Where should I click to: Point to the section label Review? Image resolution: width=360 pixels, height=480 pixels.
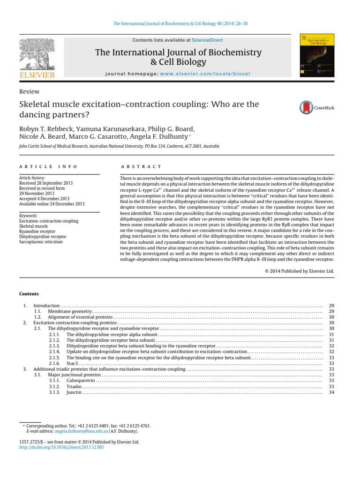[x=29, y=92]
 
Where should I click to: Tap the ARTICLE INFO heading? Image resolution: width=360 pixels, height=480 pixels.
[x=48, y=166]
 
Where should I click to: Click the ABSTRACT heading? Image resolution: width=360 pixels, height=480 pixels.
[x=141, y=166]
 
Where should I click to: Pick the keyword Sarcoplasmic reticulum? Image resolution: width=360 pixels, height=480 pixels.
[x=41, y=242]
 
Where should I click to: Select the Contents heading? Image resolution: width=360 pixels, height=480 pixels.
[x=29, y=294]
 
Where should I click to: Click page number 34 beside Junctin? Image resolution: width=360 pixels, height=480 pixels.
[x=331, y=392]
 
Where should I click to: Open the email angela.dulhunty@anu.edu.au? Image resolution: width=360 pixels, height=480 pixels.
[x=82, y=430]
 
